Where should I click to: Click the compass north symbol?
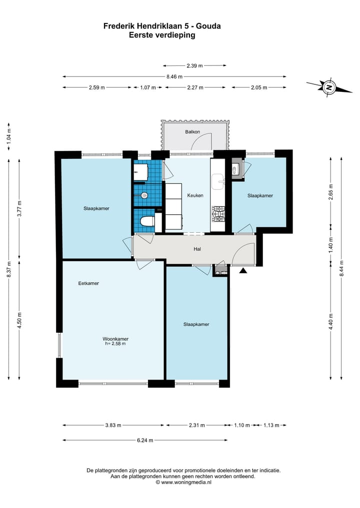[x=329, y=87]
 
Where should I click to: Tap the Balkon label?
[x=192, y=132]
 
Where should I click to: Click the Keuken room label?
[x=195, y=195]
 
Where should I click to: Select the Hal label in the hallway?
[x=197, y=249]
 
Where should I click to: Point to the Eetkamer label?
[x=88, y=283]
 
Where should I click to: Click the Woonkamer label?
[x=115, y=339]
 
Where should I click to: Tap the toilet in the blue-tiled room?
[x=147, y=222]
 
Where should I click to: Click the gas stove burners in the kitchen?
[x=218, y=214]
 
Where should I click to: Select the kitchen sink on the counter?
[x=218, y=181]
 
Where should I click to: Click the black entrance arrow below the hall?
[x=243, y=271]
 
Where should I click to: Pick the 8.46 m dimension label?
[x=174, y=77]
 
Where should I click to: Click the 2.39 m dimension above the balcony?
[x=194, y=66]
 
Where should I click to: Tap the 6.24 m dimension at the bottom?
[x=145, y=440]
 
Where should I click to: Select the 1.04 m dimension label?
[x=9, y=136]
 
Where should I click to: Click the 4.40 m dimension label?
[x=331, y=322]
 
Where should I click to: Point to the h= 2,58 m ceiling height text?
[x=115, y=344]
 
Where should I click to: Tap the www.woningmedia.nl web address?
[x=186, y=482]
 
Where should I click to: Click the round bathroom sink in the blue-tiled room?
[x=144, y=195]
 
